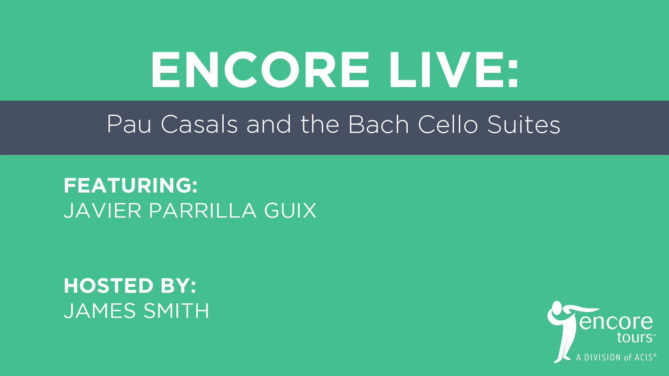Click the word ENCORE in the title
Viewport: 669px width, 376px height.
(x=260, y=70)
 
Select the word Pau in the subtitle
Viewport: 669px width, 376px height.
(x=129, y=124)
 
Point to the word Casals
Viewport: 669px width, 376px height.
(x=199, y=124)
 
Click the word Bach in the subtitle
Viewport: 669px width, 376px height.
(x=378, y=124)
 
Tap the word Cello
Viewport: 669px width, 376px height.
(x=448, y=124)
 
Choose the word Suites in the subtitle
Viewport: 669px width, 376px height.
(x=524, y=124)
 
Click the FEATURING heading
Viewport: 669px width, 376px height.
(x=131, y=185)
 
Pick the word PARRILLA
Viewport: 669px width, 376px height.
(x=203, y=211)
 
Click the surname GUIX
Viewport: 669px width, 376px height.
(x=290, y=211)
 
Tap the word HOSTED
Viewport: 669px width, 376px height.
(x=109, y=286)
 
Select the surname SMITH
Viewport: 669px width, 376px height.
(x=176, y=311)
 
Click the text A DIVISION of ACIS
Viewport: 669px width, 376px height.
(x=616, y=357)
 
